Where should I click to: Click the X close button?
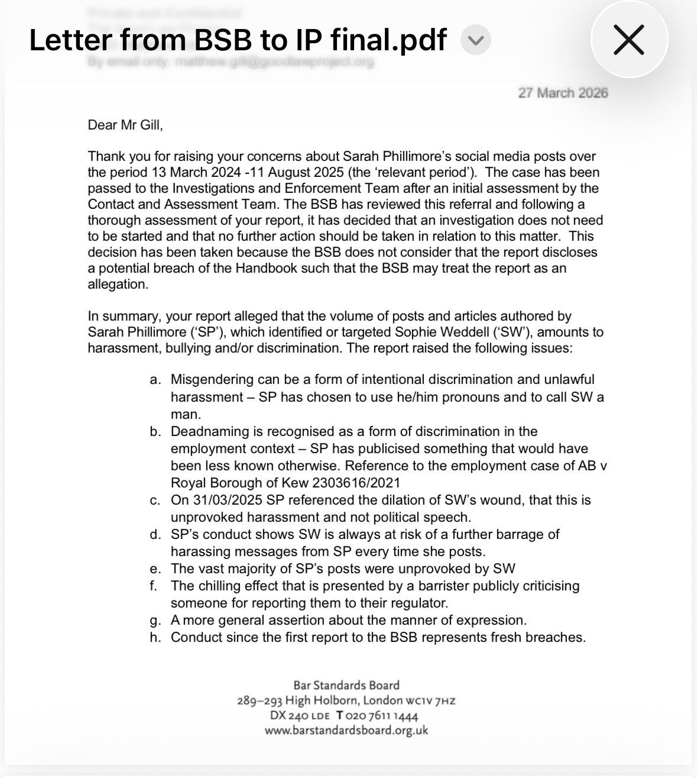pos(629,40)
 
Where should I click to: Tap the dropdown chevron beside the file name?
pos(475,40)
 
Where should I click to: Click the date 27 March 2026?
pos(563,93)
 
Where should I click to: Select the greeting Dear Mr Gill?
pos(125,125)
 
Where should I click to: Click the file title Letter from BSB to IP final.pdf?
pos(238,40)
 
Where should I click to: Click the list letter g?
pos(155,621)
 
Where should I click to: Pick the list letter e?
pos(155,569)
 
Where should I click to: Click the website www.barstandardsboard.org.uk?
pos(346,730)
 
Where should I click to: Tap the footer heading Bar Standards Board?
pos(346,686)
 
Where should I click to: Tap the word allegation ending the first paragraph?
pos(117,284)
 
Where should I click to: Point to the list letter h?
pos(155,638)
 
